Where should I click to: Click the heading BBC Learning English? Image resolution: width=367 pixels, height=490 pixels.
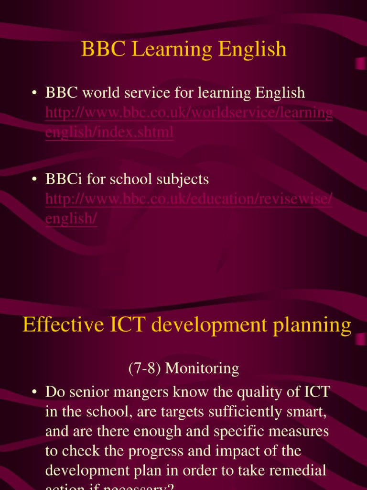pos(183,49)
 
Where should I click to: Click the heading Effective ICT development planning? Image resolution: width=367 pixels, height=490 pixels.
pos(187,325)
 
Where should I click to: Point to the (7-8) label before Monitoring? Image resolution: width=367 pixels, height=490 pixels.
pos(145,368)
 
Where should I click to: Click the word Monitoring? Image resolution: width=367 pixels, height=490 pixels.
pos(202,368)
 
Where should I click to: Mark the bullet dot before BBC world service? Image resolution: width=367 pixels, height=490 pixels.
pos(34,93)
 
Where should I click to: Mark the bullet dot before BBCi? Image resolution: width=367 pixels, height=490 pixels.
pos(34,180)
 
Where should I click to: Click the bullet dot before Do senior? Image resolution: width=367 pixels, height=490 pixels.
pos(34,392)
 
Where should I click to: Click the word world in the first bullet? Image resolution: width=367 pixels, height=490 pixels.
pos(99,92)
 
